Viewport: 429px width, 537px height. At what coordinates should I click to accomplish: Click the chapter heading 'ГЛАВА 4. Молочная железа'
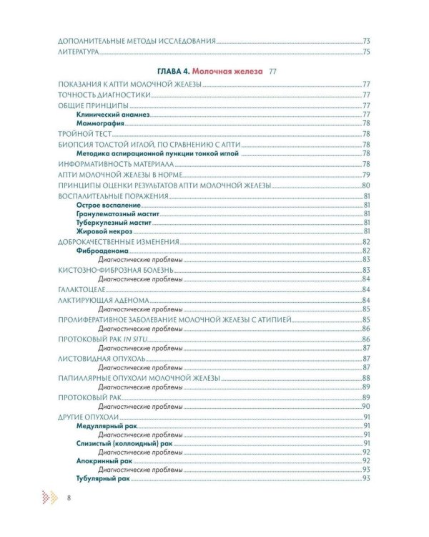coord(204,72)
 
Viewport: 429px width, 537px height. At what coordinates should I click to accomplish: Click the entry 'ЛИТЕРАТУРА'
coord(77,52)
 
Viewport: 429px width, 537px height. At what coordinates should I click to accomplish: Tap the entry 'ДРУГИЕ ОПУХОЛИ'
coord(89,416)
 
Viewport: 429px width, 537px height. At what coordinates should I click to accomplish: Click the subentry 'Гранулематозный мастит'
coord(117,213)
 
